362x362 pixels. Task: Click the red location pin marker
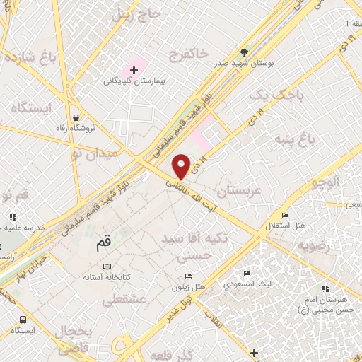coord(182,165)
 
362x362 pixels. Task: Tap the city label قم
coord(104,245)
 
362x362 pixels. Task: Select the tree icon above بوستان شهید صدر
coord(245,52)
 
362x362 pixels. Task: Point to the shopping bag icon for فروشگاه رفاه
coord(76,119)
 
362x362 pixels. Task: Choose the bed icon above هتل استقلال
coord(285,215)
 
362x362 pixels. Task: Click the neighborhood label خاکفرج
coord(189,54)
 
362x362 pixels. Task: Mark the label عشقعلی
coord(124,300)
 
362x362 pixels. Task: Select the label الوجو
coord(325,182)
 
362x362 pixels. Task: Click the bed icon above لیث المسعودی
coord(247,273)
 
